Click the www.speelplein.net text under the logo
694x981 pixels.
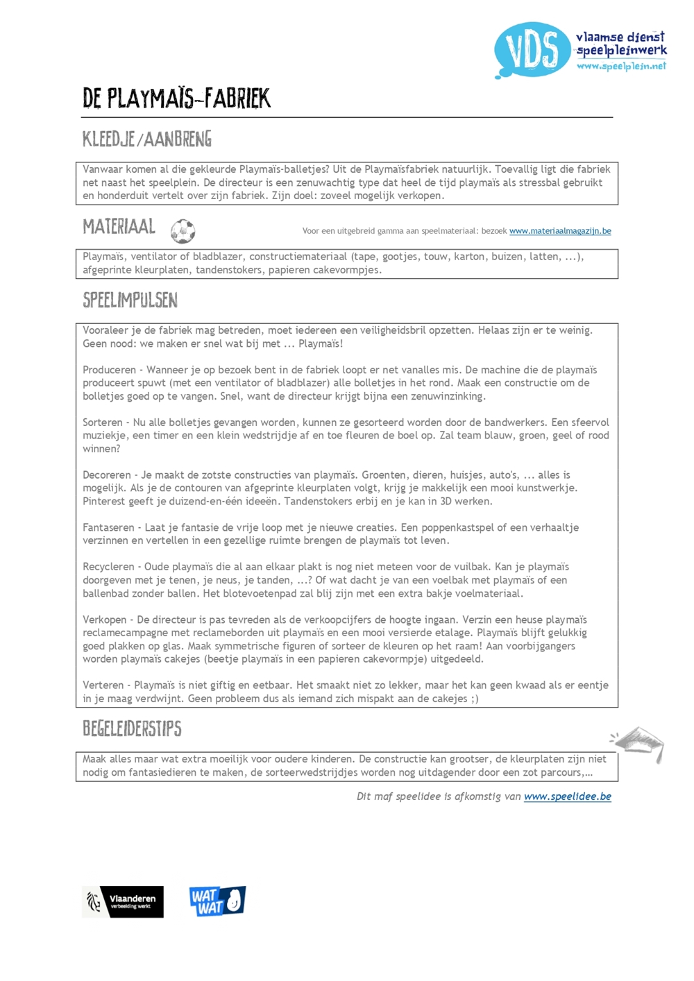point(620,66)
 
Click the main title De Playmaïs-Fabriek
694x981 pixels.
point(176,99)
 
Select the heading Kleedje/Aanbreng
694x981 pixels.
point(147,139)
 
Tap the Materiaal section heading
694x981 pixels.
point(119,227)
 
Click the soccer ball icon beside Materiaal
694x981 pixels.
point(183,231)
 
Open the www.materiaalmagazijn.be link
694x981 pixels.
point(560,231)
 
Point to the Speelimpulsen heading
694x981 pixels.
point(130,300)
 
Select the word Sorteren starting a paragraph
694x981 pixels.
point(103,423)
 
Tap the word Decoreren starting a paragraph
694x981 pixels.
point(107,475)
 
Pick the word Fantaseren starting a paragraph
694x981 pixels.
point(108,527)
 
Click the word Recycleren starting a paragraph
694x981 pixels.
point(108,567)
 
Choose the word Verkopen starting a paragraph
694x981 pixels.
point(105,620)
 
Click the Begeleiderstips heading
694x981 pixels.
point(132,728)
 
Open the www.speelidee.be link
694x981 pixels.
point(568,796)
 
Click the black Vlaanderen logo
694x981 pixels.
point(124,902)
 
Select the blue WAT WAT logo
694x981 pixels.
point(217,901)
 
